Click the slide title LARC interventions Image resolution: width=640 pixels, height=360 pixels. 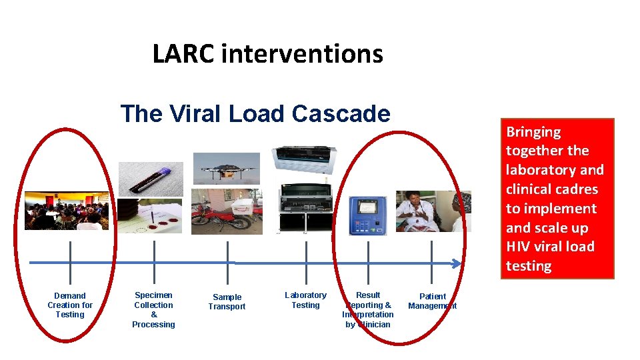267,54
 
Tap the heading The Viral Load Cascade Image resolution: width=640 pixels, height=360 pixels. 255,114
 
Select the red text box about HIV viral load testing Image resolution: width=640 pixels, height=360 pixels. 557,198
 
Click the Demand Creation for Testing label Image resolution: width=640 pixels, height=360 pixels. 70,305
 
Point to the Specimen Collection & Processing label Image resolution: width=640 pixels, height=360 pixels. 153,309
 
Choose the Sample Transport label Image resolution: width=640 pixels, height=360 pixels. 227,302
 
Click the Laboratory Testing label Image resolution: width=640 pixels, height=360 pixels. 305,300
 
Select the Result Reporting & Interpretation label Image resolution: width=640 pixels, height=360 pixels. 368,309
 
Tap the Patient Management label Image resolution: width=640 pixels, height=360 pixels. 432,301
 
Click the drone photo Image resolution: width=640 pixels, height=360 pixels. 226,168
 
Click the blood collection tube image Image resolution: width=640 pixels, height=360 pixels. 151,179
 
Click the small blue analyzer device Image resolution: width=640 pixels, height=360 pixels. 367,215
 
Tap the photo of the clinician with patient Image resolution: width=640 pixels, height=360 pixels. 433,211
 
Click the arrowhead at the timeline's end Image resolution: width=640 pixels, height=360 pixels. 457,263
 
